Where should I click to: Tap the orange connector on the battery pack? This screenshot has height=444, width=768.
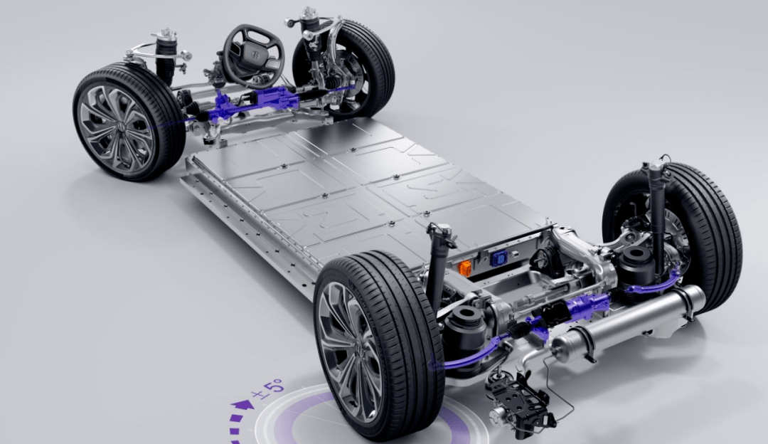coord(464,268)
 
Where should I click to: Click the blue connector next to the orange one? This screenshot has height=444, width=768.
coord(498,258)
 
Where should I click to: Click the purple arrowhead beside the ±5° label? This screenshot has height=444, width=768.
coord(243,405)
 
